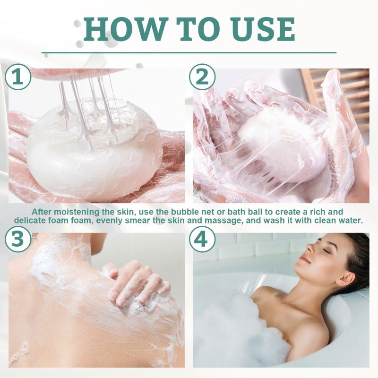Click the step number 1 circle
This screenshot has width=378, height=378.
tap(18, 77)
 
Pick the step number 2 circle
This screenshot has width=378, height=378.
tap(202, 77)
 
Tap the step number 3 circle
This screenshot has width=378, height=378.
tap(18, 240)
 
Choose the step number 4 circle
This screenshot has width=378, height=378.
tap(202, 240)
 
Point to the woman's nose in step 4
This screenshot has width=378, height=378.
tap(301, 253)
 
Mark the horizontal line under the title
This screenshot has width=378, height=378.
tap(189, 52)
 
